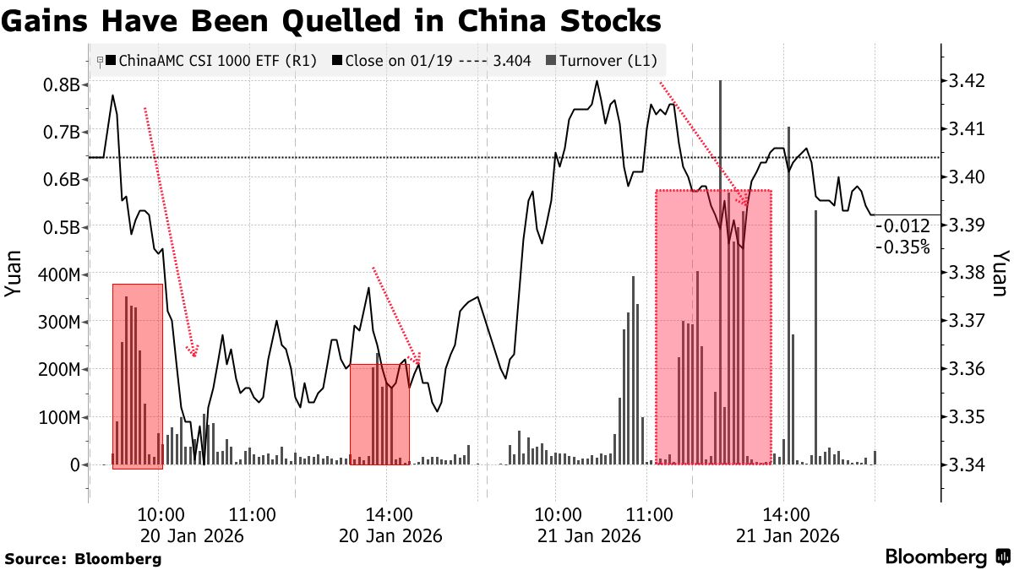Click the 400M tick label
coord(56,275)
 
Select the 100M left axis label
coord(56,417)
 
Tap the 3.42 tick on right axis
coord(968,82)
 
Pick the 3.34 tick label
coord(968,465)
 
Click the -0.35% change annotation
coord(902,247)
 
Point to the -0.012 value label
coord(902,226)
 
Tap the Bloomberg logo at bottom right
coord(947,557)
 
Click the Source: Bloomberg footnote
coord(83,558)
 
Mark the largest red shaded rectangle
coord(713,327)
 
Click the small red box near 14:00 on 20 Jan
coord(379,414)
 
